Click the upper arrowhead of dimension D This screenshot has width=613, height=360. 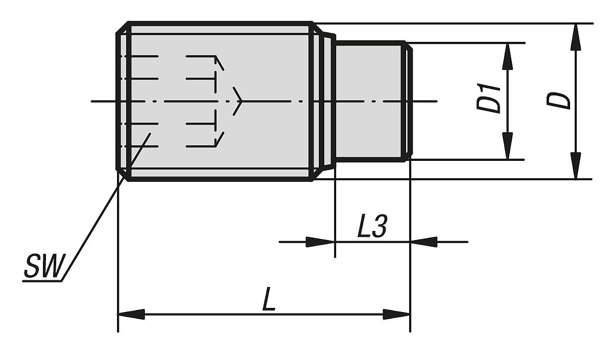(x=576, y=37)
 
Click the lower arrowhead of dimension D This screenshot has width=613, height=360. (x=576, y=166)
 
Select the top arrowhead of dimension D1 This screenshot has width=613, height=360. (x=507, y=56)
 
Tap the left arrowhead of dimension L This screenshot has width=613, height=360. (x=131, y=314)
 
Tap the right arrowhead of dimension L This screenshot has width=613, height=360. (x=397, y=314)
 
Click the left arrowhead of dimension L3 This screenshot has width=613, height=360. (x=320, y=242)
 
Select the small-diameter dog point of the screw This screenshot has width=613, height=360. (x=368, y=101)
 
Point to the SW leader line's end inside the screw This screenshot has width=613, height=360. (x=150, y=134)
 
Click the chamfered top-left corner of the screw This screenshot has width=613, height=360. (x=122, y=28)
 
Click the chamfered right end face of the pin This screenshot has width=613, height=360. (x=409, y=101)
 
